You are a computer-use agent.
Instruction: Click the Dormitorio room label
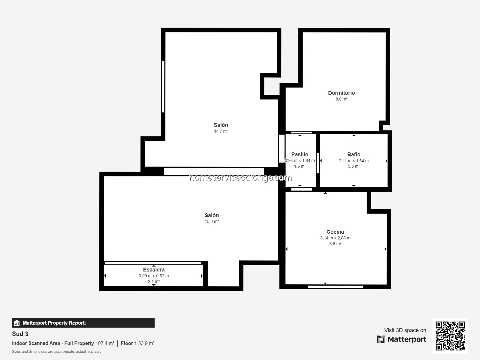point(341,93)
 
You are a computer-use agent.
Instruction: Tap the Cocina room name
point(335,232)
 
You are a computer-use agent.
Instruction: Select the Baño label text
point(354,154)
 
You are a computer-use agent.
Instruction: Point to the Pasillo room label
point(300,154)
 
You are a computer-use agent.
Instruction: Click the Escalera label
point(154,270)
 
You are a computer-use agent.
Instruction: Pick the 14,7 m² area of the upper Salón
point(221,131)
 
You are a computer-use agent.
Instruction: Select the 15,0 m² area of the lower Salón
point(212,221)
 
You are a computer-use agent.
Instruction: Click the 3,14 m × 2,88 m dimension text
point(335,238)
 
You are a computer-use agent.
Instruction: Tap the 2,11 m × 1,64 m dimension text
point(354,161)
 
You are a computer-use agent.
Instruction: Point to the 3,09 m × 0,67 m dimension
point(154,276)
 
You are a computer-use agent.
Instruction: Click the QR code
point(450,336)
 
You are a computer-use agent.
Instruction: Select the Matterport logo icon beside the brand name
point(381,339)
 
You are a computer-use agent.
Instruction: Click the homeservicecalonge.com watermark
point(241,178)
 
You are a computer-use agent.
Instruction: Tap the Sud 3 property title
point(20,334)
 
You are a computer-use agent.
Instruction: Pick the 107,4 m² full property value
point(105,343)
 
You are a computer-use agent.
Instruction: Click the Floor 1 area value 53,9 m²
point(146,343)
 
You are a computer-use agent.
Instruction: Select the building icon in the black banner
point(17,322)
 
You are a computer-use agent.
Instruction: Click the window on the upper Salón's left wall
point(163,86)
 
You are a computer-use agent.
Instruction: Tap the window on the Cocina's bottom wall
point(335,286)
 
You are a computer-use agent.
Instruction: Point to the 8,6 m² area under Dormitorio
point(341,99)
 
